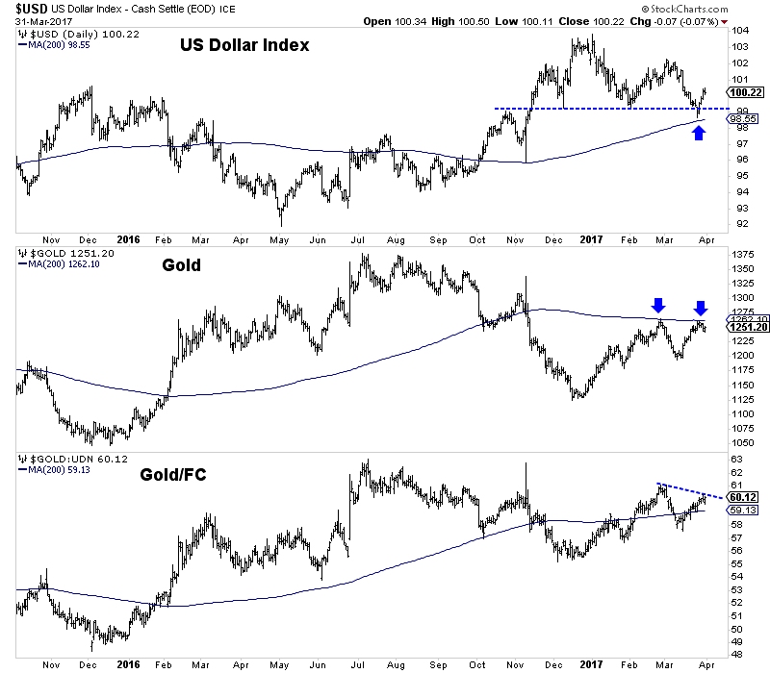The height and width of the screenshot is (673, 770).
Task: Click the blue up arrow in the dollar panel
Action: pyautogui.click(x=700, y=133)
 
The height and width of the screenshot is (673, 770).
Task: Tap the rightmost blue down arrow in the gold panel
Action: pyautogui.click(x=701, y=308)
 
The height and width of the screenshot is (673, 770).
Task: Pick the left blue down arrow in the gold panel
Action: pyautogui.click(x=658, y=306)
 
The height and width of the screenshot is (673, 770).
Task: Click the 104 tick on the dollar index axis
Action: pyautogui.click(x=739, y=32)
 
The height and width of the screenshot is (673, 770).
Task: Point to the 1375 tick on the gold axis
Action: pyautogui.click(x=743, y=254)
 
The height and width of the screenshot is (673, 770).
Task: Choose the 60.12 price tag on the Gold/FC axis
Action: pyautogui.click(x=743, y=496)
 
